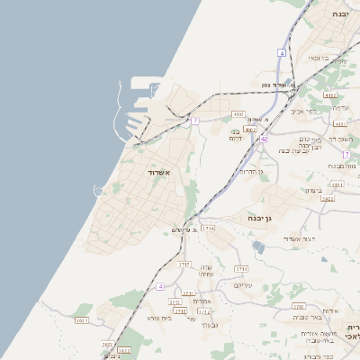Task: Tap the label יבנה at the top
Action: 340,14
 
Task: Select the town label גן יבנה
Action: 260,218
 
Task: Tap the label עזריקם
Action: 243,284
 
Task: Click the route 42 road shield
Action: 263,139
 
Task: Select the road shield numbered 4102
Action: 330,94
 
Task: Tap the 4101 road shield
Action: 340,123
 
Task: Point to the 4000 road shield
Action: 238,114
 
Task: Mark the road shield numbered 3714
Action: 208,229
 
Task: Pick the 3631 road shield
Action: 108,344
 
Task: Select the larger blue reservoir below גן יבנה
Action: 259,247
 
